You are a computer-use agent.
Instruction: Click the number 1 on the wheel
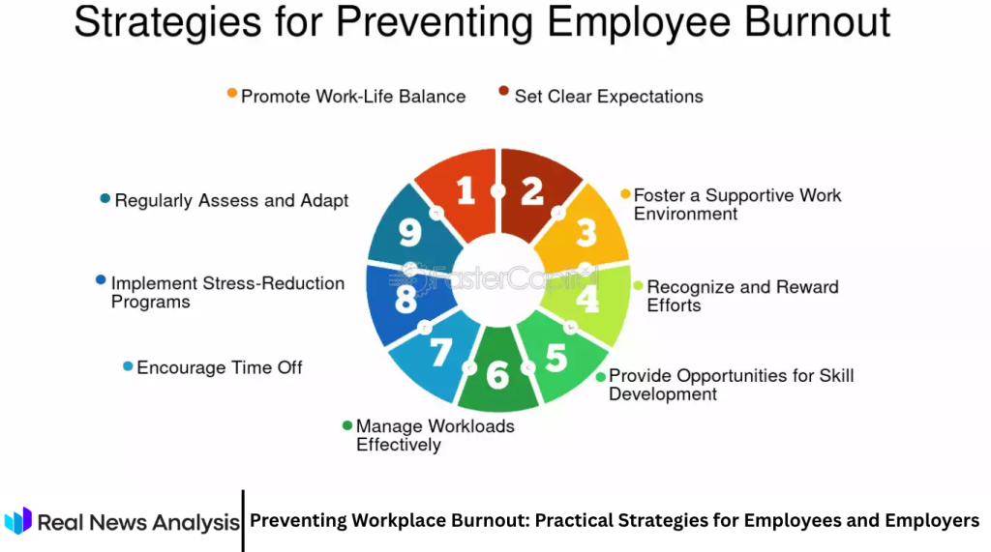click(465, 191)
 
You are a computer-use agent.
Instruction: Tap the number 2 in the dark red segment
click(531, 191)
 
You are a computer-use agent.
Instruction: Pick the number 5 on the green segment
click(556, 358)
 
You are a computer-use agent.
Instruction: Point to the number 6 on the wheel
click(497, 375)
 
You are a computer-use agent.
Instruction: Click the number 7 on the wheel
click(440, 352)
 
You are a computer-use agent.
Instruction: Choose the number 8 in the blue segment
click(406, 299)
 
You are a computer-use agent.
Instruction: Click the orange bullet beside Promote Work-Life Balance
click(231, 93)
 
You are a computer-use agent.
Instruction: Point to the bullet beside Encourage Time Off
click(128, 366)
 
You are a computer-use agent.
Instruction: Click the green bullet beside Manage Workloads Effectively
click(347, 424)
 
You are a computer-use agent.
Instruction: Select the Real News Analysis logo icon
click(18, 521)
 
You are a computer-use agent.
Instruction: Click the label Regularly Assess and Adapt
click(231, 200)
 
